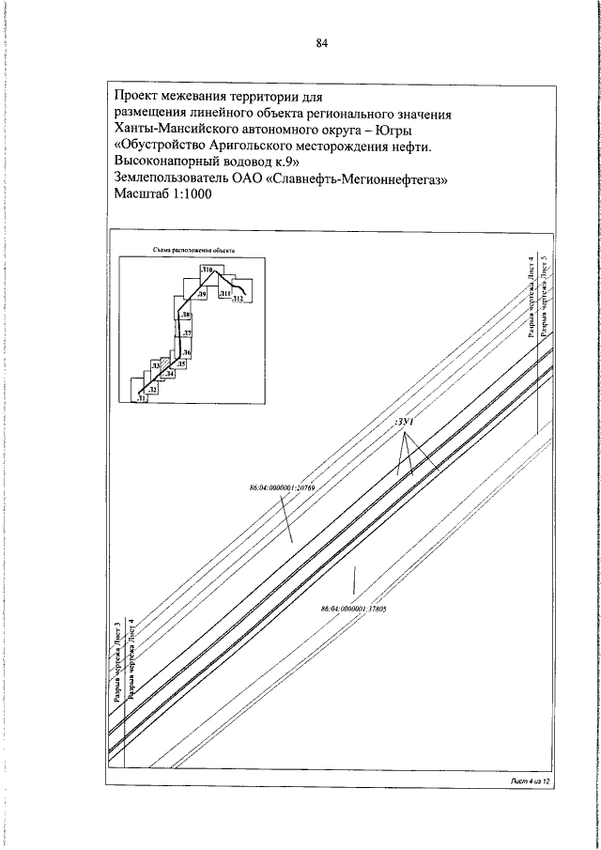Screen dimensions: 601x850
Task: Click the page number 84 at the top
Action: click(x=321, y=42)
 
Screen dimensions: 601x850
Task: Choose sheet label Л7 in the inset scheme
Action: click(x=187, y=333)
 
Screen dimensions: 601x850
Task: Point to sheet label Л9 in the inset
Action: click(x=202, y=295)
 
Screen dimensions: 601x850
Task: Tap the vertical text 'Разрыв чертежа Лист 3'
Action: click(x=116, y=662)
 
